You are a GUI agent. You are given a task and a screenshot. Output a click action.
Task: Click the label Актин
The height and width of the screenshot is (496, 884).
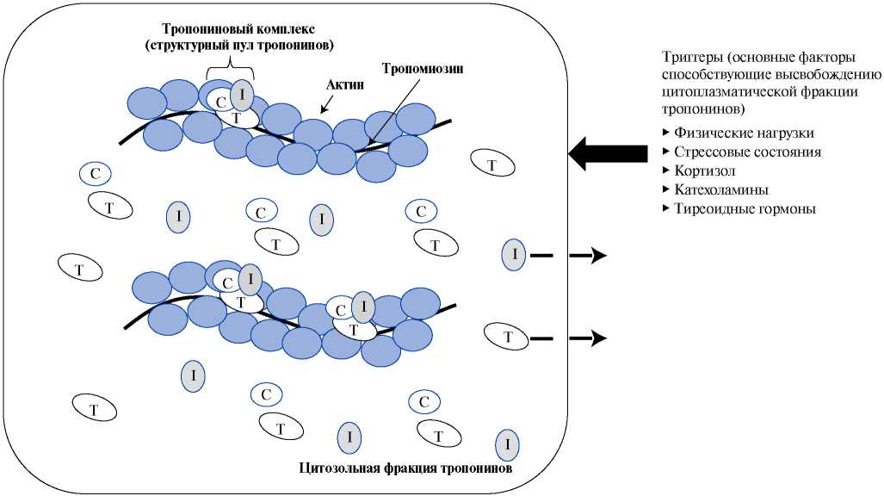click(345, 85)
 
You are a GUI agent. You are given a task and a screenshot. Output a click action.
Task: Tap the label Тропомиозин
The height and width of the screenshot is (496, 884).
click(423, 69)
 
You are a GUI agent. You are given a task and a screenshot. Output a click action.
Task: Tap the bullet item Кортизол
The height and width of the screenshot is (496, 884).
click(705, 170)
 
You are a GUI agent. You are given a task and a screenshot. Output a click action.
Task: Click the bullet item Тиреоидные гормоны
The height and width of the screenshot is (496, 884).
click(745, 208)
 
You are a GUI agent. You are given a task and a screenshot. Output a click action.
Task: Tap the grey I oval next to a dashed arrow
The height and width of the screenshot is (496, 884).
click(514, 255)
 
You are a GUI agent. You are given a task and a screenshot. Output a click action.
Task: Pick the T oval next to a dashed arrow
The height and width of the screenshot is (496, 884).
click(508, 338)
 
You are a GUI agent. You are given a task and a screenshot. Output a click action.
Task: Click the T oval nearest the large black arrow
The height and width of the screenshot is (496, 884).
click(491, 164)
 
